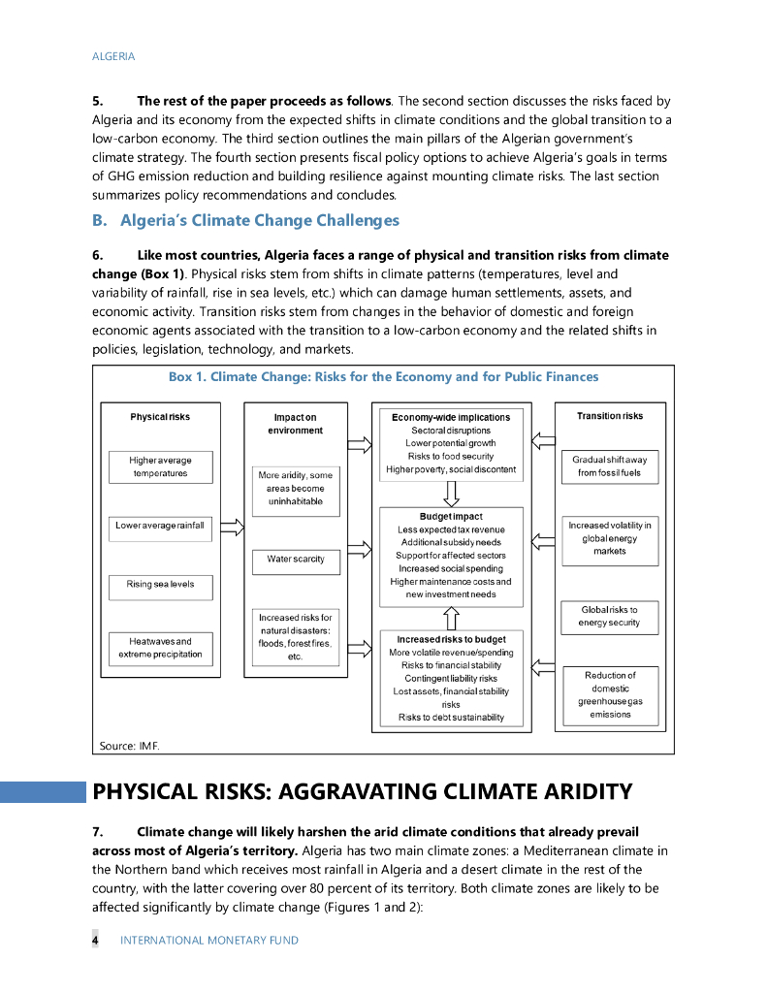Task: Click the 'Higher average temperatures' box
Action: tap(160, 466)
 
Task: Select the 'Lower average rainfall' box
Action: tap(160, 526)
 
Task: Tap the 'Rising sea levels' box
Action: tap(160, 585)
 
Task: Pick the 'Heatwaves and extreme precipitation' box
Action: tap(160, 648)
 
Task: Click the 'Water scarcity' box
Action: tap(296, 560)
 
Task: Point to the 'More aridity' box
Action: tap(296, 489)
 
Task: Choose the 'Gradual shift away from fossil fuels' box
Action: tap(609, 465)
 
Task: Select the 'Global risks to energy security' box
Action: tap(609, 617)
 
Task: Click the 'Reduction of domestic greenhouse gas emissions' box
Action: tap(609, 694)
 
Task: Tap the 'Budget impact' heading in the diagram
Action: tap(451, 516)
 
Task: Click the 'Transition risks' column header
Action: tap(609, 416)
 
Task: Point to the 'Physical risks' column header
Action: tap(160, 417)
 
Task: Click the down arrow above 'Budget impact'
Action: tap(451, 493)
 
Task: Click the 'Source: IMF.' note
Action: tap(129, 745)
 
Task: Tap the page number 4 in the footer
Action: tap(95, 940)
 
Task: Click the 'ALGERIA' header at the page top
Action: tap(113, 56)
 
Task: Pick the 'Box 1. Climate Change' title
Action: tap(383, 376)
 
